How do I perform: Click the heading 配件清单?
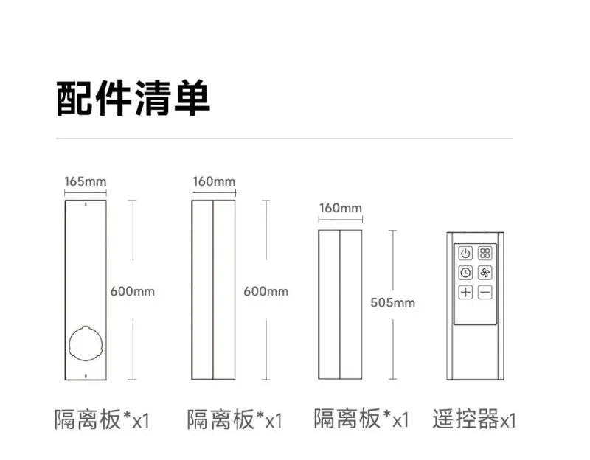coord(133,98)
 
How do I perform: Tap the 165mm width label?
coord(86,181)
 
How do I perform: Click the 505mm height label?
coord(393,302)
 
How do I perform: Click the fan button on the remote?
coord(485,273)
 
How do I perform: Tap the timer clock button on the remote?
coord(465,273)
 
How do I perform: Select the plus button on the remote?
coord(465,292)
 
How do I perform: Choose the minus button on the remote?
coord(485,292)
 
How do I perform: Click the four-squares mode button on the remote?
coord(485,253)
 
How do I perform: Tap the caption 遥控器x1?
coord(474,419)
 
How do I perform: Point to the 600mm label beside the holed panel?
coord(133,291)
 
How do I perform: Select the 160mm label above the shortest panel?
coord(341,208)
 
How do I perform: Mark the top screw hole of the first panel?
coord(86,204)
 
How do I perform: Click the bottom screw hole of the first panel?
coord(86,376)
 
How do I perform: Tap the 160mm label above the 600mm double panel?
coord(214,181)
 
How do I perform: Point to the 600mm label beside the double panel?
coord(265,291)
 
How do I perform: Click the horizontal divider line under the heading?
coord(285,139)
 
